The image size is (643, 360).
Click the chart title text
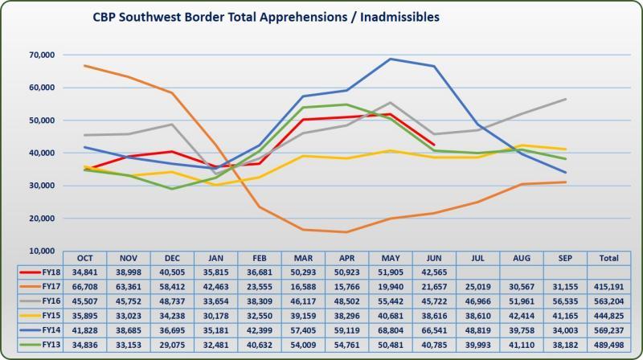(265, 17)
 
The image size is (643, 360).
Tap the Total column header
(608, 258)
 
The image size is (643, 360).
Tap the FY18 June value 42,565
(434, 272)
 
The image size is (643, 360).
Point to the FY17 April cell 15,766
(347, 286)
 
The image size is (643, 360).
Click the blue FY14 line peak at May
(391, 59)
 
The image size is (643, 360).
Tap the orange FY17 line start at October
(84, 66)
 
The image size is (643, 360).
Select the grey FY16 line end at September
(566, 99)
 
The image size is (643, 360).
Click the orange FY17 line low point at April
(347, 232)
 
